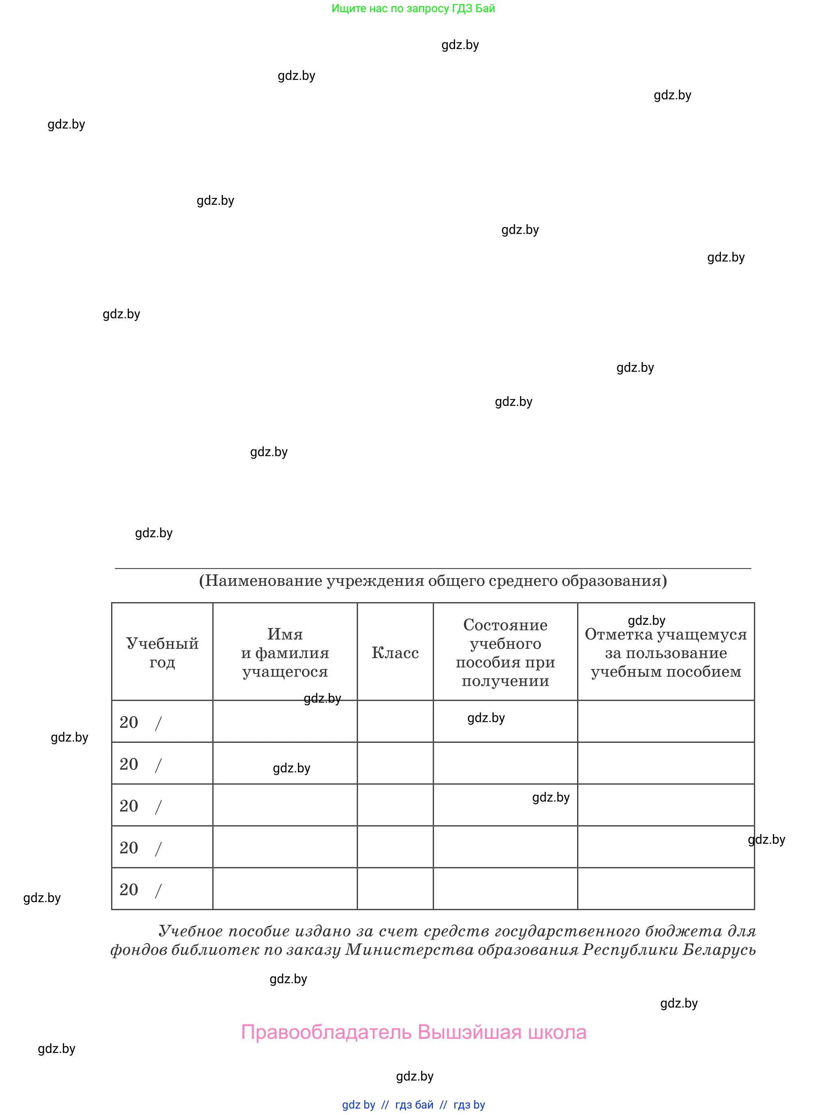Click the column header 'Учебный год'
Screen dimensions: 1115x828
[x=162, y=652]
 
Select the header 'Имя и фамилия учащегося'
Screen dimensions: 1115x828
[x=285, y=652]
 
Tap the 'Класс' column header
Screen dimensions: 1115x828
[x=395, y=653]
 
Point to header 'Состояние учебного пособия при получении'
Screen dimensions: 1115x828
[x=505, y=652]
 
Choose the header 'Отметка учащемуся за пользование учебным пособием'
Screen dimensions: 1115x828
[x=665, y=653]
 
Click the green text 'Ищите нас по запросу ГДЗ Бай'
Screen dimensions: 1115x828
[x=413, y=9]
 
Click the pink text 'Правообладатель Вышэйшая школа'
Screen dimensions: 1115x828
[x=413, y=1032]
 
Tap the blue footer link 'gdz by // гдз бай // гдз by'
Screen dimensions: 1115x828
[x=413, y=1104]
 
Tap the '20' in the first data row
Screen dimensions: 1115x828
[x=129, y=723]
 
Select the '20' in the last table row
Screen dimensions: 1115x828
[x=129, y=890]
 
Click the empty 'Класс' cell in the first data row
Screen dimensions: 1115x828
[x=395, y=721]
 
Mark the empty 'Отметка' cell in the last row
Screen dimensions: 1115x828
[x=665, y=888]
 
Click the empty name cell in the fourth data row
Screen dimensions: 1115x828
[x=285, y=847]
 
